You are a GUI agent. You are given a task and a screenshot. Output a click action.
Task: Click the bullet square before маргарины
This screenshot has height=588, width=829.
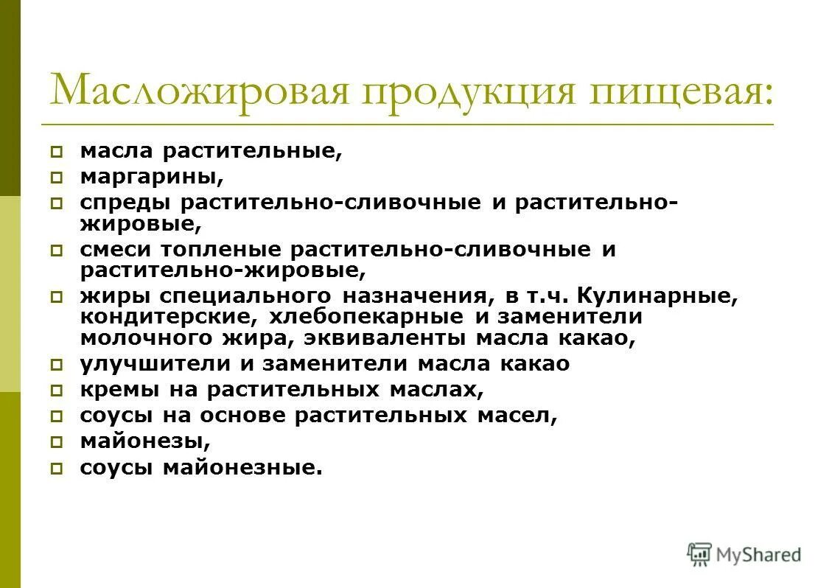[57, 178]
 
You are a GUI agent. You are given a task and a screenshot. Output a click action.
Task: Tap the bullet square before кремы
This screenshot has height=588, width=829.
[57, 390]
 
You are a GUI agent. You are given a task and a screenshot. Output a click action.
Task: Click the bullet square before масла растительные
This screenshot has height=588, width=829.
[57, 153]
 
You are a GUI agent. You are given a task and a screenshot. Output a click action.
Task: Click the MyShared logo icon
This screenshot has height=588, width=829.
[699, 554]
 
